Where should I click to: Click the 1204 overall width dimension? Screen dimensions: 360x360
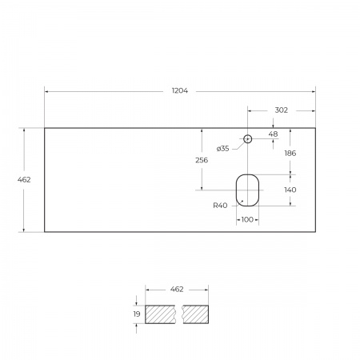[x=180, y=91]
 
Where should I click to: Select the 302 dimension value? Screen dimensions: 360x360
[x=282, y=110]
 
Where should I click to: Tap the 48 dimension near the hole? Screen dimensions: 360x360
[x=273, y=134]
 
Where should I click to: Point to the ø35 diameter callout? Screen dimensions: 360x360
[x=222, y=149]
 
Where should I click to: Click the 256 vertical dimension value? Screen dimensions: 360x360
[x=202, y=160]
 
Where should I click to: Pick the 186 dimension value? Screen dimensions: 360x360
[x=290, y=153]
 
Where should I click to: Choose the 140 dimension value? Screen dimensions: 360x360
[x=290, y=190]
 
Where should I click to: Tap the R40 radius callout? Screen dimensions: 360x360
[x=220, y=206]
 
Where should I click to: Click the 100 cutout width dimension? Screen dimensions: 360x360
[x=247, y=219]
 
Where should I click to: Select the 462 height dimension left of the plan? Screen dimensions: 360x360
[x=24, y=179]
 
